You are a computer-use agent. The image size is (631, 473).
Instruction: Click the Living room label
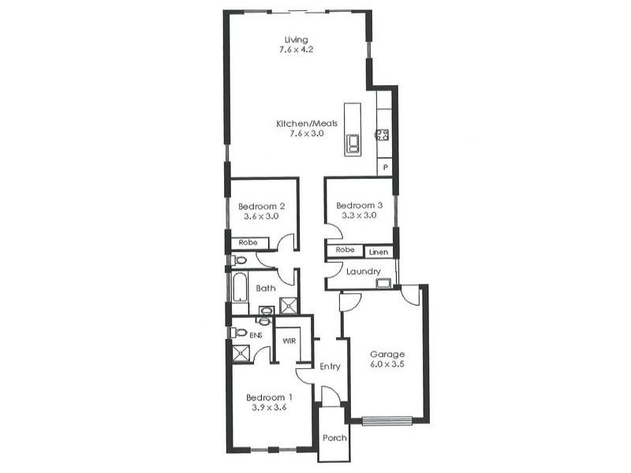(297, 39)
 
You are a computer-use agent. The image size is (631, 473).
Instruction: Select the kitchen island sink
(352, 143)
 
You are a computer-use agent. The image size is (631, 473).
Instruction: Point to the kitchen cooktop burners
(382, 134)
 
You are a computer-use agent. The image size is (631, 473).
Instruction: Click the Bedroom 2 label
(261, 207)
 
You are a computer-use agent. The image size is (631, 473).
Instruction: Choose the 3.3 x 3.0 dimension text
(358, 215)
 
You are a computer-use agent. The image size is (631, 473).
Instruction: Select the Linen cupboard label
(379, 252)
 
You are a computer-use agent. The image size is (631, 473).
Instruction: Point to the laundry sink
(383, 283)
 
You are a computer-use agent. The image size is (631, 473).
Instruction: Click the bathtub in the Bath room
(240, 288)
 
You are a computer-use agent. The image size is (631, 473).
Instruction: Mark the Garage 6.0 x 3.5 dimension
(386, 365)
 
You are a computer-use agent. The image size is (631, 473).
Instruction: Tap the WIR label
(289, 341)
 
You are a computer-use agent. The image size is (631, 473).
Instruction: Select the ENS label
(256, 336)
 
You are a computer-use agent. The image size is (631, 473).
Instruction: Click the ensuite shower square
(241, 353)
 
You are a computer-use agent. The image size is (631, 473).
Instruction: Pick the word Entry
(330, 367)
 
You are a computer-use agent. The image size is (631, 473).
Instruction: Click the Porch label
(334, 438)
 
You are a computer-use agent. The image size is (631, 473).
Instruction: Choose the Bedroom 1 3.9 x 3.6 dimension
(269, 408)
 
